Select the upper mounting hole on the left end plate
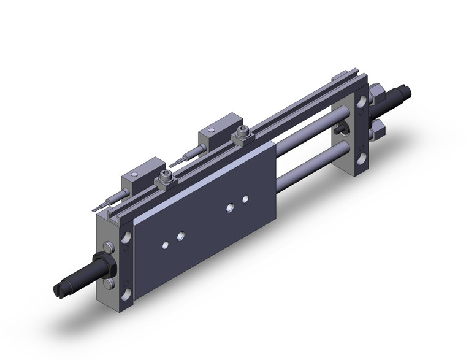(x=128, y=236)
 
